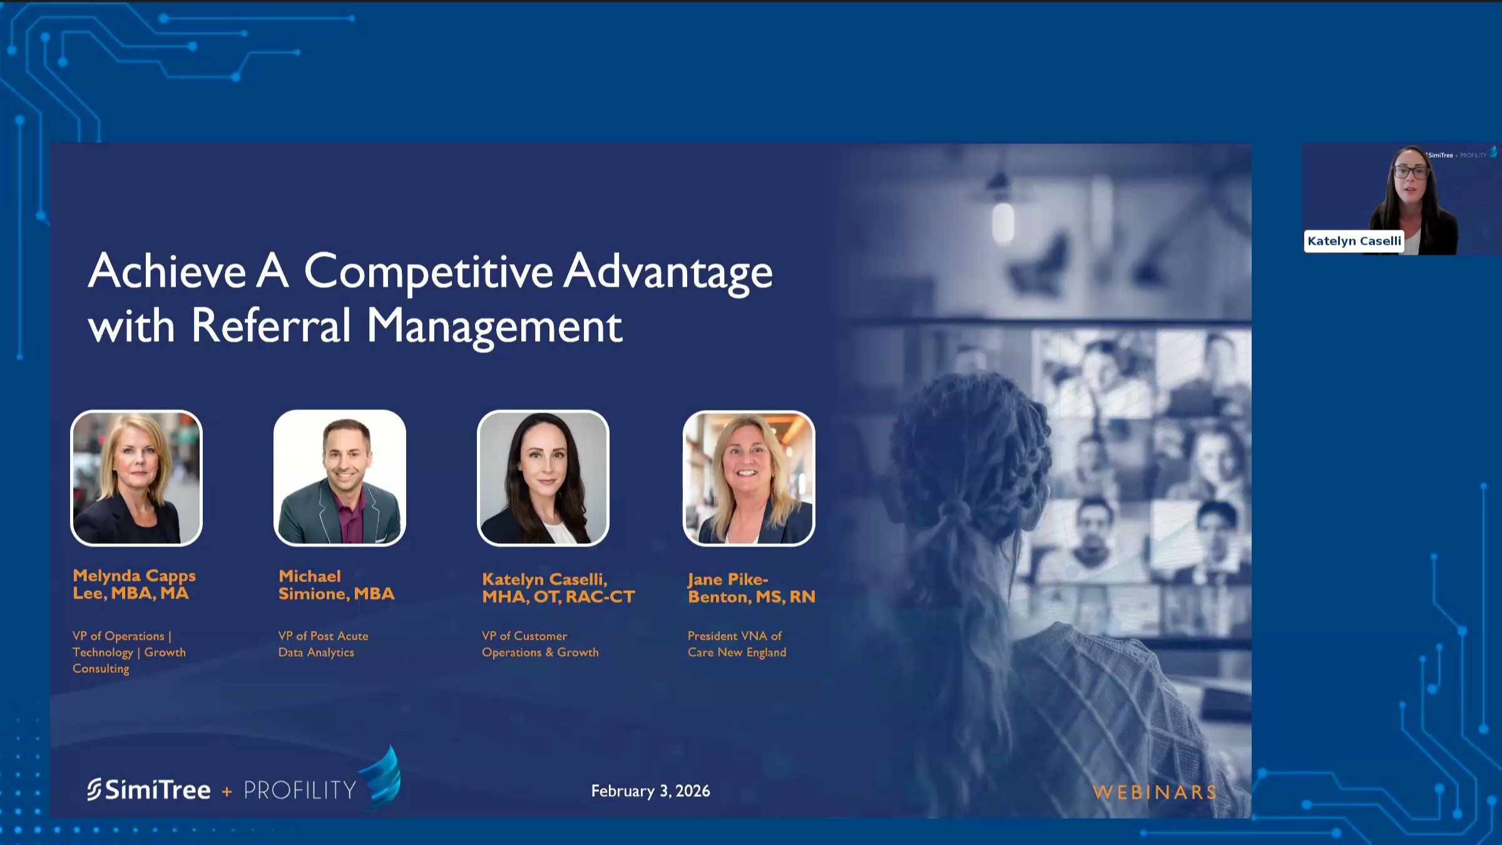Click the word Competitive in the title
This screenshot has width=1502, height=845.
coord(428,272)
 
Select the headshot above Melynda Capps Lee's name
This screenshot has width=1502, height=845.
coord(136,478)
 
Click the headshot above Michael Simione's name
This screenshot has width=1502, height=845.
coord(340,478)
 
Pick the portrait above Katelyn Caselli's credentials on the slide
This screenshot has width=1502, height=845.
coord(543,478)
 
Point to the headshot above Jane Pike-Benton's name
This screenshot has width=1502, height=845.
coord(749,478)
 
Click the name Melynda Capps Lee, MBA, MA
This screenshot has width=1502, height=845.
coord(134,585)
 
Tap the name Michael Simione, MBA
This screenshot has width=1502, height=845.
coord(336,585)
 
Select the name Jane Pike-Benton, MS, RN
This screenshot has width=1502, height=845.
coord(752,588)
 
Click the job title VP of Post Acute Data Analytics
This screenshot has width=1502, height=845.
coord(323,644)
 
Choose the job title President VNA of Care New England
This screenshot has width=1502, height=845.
coord(737,644)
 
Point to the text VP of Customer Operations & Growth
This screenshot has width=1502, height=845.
coord(540,644)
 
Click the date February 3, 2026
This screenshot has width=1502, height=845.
coord(650,791)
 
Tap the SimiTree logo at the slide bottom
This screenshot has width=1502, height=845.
coord(149,790)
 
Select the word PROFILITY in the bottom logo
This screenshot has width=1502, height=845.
coord(300,791)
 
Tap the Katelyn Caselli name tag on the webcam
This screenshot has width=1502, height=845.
coord(1354,241)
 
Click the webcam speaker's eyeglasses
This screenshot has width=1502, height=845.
coord(1411,172)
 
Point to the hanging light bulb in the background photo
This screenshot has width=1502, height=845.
coord(1003,221)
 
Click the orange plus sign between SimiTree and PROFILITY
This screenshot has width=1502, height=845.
coord(227,792)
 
